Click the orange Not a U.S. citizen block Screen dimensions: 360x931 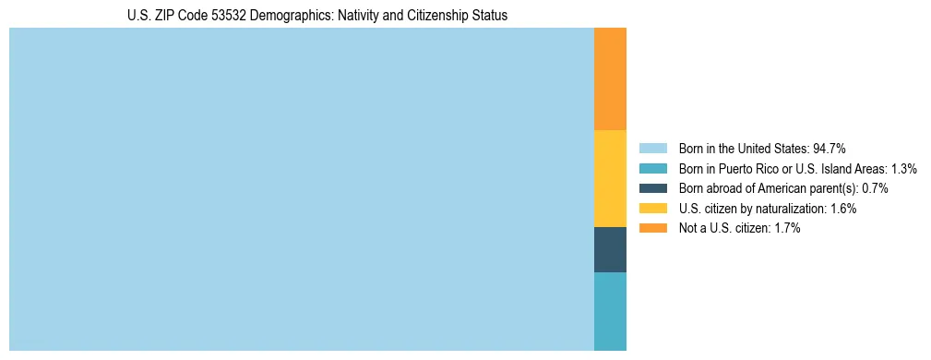click(x=610, y=79)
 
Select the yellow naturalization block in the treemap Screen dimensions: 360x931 click(x=610, y=178)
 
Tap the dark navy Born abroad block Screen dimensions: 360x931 click(x=610, y=249)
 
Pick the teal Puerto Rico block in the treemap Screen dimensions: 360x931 click(x=610, y=311)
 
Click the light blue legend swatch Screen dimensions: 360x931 click(x=652, y=148)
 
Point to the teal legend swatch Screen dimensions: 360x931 click(x=652, y=168)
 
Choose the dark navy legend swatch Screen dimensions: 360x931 click(x=652, y=188)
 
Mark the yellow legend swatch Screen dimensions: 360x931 click(x=652, y=209)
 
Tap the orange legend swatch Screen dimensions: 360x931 click(x=652, y=229)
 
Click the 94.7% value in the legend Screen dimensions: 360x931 click(x=830, y=148)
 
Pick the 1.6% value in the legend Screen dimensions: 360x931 click(x=843, y=209)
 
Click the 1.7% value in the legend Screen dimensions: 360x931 click(x=787, y=229)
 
